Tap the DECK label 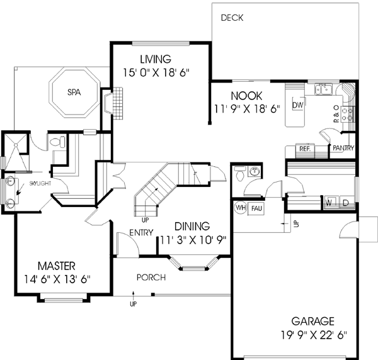tap(232, 18)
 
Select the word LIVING tap(156, 60)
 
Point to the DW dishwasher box tap(298, 104)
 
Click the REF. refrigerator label tap(304, 149)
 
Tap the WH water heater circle tap(240, 207)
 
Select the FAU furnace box tap(256, 208)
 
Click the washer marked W tap(329, 203)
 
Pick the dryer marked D tap(345, 203)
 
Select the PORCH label tap(152, 277)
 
